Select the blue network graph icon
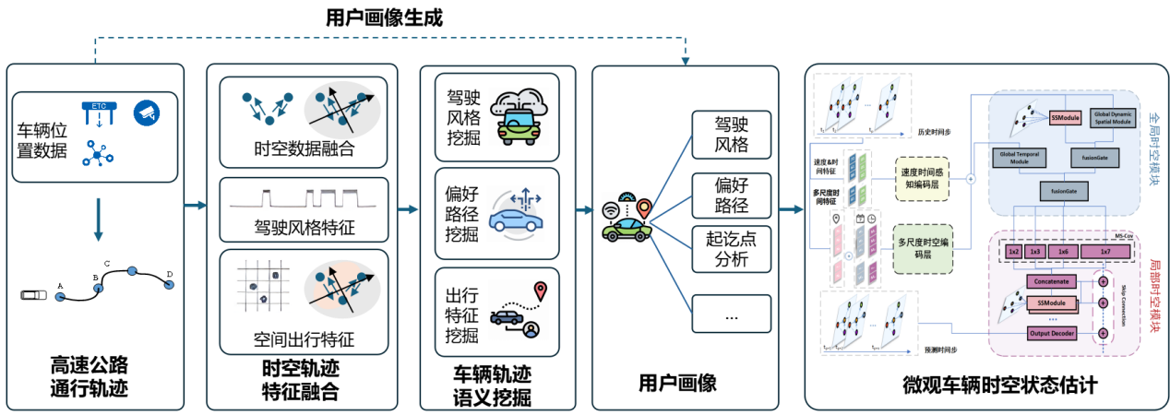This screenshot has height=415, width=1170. click(x=96, y=154)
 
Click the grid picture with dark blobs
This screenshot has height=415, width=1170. click(x=263, y=284)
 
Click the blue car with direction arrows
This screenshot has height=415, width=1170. click(x=517, y=214)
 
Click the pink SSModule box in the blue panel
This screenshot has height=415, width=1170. click(x=1064, y=117)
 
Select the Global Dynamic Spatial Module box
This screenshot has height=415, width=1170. click(x=1114, y=117)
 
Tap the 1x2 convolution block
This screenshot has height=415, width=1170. click(x=1012, y=252)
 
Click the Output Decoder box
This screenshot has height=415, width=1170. click(x=1053, y=332)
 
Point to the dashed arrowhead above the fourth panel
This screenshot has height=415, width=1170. click(x=686, y=61)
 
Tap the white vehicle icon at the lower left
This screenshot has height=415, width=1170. click(x=34, y=294)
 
